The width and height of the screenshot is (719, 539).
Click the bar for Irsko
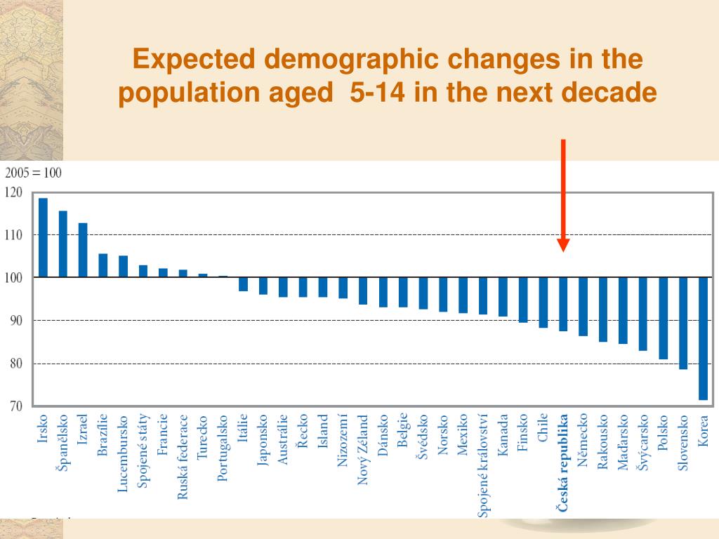(x=43, y=238)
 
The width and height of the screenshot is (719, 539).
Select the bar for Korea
(x=703, y=338)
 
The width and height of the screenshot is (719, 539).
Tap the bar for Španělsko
(x=63, y=244)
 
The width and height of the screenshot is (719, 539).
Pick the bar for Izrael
(x=83, y=250)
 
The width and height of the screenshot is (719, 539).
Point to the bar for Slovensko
(x=683, y=323)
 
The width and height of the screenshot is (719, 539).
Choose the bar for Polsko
(x=663, y=318)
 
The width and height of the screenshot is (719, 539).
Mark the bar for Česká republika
(x=563, y=304)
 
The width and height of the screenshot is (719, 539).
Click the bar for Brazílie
(x=103, y=265)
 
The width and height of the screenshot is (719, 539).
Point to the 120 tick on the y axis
(x=13, y=192)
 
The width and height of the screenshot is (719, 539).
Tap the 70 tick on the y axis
(x=15, y=406)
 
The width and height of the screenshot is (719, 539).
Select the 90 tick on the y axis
(x=15, y=321)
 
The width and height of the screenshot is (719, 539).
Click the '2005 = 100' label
(x=34, y=173)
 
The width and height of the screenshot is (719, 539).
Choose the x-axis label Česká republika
(x=563, y=463)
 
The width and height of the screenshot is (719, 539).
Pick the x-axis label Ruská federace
(x=183, y=456)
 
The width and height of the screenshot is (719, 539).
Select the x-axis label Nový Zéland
(x=363, y=450)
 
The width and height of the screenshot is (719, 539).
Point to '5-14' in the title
(x=382, y=92)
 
